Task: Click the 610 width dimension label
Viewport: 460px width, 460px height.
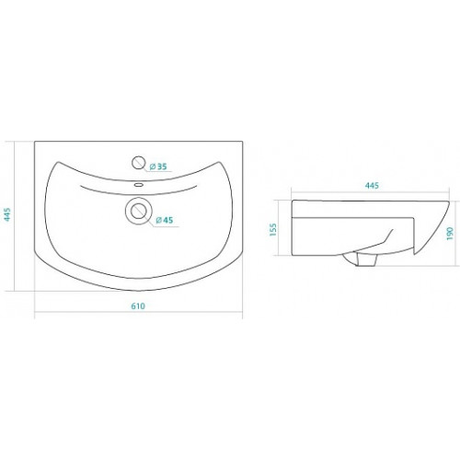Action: (x=138, y=306)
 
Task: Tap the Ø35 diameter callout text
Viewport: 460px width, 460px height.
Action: (x=158, y=167)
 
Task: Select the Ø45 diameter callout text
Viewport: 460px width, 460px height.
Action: (x=165, y=220)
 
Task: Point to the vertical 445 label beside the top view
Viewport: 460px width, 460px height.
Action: (x=7, y=214)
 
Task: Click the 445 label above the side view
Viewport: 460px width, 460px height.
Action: (x=372, y=186)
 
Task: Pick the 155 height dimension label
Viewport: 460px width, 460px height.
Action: (x=273, y=230)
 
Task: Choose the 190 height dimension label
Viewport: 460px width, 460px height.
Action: (x=450, y=234)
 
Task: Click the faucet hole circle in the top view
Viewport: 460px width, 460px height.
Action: (x=138, y=163)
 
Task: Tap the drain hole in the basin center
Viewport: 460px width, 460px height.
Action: (x=139, y=211)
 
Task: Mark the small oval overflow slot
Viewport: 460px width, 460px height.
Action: (x=139, y=185)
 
